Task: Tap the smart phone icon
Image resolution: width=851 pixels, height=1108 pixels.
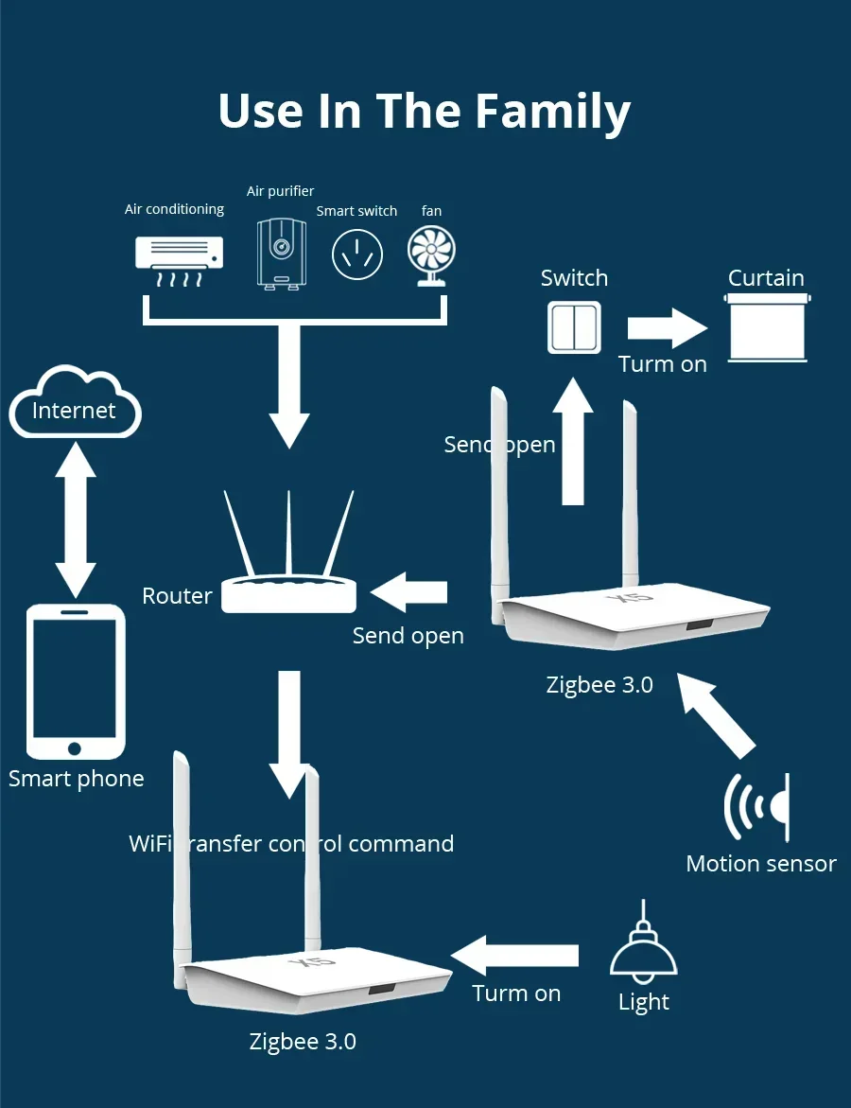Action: point(76,681)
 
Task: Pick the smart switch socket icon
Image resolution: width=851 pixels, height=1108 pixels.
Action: point(357,255)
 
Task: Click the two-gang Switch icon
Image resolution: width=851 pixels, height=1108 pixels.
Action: point(574,327)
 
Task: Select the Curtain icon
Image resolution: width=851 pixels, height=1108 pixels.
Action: point(767,327)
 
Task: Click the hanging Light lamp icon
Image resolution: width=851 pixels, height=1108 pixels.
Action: point(643,952)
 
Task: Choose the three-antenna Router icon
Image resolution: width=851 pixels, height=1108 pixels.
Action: point(288,563)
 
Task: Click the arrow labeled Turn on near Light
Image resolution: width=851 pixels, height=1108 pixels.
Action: point(515,955)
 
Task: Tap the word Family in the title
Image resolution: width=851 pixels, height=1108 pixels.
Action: point(552,112)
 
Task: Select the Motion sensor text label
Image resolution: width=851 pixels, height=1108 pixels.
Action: point(760,864)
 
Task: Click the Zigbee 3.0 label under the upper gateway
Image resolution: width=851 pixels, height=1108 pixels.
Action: point(599,685)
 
